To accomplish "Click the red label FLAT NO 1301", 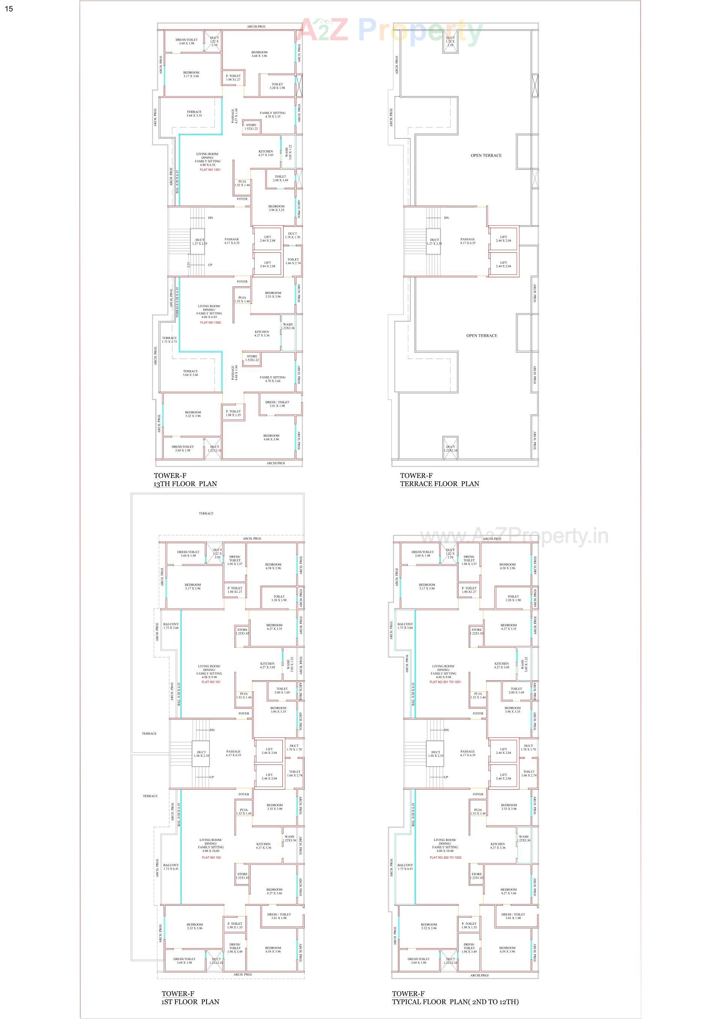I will coord(210,170).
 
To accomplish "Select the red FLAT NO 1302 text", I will coord(210,323).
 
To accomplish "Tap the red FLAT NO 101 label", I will coord(211,682).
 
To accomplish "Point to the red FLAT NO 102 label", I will coord(211,858).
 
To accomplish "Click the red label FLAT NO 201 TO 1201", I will coord(445,682).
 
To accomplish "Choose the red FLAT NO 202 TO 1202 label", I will coord(445,858).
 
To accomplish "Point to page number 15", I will coord(9,8).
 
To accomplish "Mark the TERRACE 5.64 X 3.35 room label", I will coord(194,114).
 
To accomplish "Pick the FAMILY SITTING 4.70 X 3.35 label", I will coord(273,115).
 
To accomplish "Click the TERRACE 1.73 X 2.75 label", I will coord(169,339).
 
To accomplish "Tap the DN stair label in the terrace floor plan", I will coord(446,218).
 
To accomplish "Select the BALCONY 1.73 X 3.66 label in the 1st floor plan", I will coord(171,626).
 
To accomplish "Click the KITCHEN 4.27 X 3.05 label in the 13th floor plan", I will coord(266,153).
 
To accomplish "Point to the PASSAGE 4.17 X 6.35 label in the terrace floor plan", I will coord(468,241).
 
